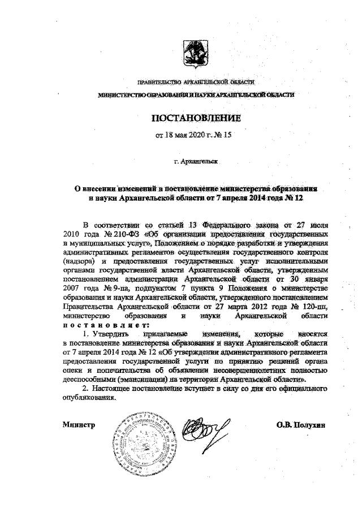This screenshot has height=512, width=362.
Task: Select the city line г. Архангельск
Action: (196, 161)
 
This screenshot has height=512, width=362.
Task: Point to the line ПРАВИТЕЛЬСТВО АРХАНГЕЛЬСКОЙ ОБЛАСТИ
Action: (195, 84)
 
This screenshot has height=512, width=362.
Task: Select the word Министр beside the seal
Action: (78, 423)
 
